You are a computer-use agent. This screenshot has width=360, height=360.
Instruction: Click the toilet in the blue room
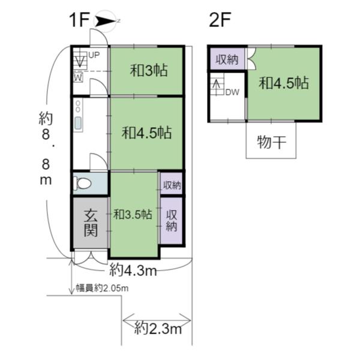click(x=82, y=183)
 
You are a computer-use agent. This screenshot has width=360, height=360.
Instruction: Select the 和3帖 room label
click(x=149, y=70)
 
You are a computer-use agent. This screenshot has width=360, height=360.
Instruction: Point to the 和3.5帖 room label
click(x=133, y=214)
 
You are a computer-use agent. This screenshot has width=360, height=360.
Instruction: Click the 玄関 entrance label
click(x=91, y=223)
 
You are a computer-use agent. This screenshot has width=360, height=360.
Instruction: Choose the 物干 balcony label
click(x=272, y=142)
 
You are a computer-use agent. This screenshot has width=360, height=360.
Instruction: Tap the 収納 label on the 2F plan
click(x=227, y=59)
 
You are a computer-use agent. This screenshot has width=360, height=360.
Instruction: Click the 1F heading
click(x=79, y=20)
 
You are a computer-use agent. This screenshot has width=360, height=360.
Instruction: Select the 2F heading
click(x=220, y=20)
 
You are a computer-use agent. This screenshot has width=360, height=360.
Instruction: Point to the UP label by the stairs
click(x=94, y=55)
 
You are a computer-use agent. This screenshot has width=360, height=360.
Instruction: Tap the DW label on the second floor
click(x=232, y=92)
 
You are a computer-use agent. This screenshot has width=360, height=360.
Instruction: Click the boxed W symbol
click(x=78, y=77)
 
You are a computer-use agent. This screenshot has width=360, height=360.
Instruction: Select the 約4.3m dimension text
click(x=133, y=270)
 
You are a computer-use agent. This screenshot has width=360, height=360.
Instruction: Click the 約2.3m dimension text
click(x=158, y=329)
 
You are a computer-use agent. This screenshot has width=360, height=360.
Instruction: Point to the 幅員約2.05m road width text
click(x=102, y=288)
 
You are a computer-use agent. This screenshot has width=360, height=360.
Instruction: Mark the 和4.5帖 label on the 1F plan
click(x=147, y=133)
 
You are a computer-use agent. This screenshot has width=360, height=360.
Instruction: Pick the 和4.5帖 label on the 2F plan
click(x=284, y=83)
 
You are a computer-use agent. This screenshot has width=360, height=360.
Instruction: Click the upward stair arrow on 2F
click(x=216, y=86)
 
